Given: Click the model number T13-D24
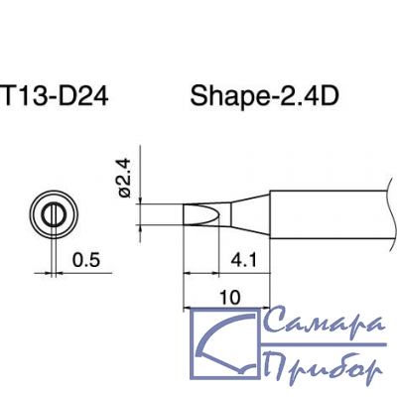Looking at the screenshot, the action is (55, 96).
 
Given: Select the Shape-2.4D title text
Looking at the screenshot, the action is (264, 96).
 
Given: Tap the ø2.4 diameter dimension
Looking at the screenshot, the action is (125, 178).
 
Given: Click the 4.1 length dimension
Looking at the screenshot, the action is (243, 261).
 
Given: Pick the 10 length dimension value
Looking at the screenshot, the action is (230, 298).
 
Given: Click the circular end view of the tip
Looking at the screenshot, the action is (54, 214).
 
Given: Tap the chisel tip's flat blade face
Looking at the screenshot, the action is (201, 214).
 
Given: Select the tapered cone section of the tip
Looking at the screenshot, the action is (250, 215).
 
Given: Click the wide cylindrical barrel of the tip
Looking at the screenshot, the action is (330, 214).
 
